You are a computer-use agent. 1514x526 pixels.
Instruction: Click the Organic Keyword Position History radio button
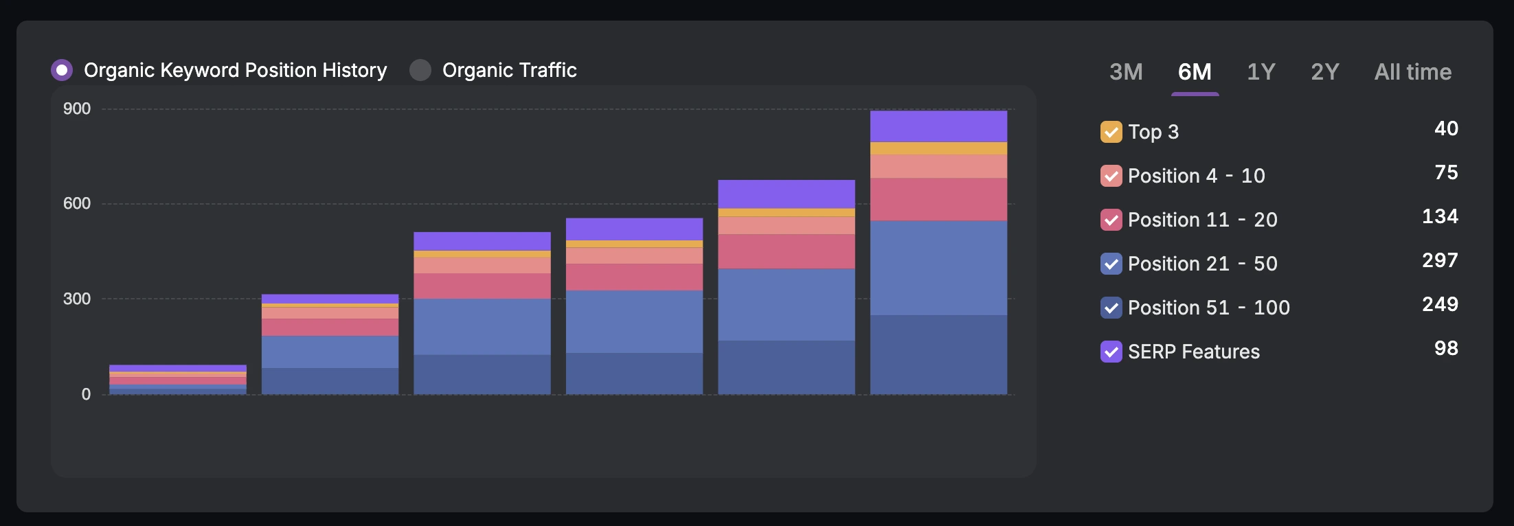62,70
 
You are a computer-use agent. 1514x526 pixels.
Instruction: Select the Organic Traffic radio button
420,70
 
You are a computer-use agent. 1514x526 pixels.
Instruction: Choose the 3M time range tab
1126,72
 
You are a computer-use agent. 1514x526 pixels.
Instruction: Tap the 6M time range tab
1195,72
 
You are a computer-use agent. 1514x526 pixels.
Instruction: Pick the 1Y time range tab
1261,72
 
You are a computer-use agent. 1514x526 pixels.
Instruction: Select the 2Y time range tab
1325,72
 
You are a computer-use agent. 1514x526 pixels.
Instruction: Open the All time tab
1412,72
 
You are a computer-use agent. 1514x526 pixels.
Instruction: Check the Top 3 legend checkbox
1111,132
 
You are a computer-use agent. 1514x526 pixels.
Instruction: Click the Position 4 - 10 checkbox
1111,176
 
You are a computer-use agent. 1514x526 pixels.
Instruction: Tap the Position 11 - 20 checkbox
1111,220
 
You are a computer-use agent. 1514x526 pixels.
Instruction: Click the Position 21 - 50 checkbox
1111,264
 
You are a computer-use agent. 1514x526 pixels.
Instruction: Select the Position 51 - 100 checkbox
1111,308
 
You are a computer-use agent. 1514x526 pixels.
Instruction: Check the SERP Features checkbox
1111,352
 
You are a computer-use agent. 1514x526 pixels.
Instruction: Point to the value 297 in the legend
1440,260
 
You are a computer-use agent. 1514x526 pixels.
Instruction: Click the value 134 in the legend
1440,216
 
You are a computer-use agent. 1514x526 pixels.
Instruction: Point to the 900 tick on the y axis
77,108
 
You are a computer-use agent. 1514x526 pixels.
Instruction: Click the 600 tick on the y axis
77,203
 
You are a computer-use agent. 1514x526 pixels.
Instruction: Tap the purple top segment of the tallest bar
938,126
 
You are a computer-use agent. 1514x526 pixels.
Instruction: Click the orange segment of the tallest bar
938,148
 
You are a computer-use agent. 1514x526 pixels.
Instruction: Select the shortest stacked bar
178,379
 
